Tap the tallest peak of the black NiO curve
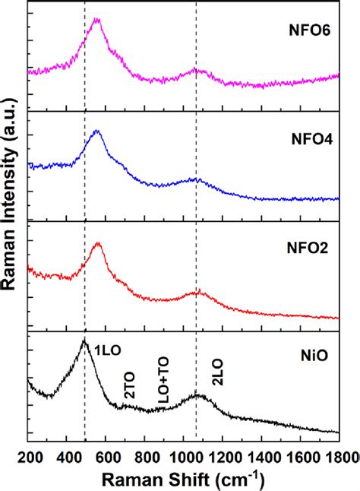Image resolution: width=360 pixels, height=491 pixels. click(x=84, y=341)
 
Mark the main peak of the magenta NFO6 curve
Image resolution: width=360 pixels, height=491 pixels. click(x=96, y=19)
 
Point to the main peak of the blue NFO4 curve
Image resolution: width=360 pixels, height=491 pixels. click(x=96, y=131)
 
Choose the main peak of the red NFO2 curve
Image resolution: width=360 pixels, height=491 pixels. click(x=97, y=243)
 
